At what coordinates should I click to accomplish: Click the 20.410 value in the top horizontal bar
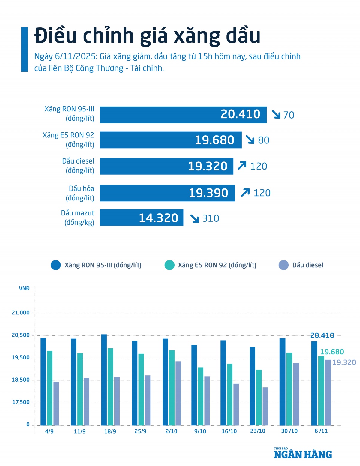coord(240,114)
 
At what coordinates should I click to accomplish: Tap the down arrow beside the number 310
coord(195,218)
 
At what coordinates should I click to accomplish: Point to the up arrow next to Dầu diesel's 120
coord(242,166)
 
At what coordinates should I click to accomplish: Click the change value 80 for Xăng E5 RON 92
coord(263,140)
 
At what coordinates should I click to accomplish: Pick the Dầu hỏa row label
coord(80,193)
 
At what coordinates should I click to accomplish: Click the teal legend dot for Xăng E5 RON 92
coord(169,265)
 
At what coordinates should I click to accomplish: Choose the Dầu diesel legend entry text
coord(308,265)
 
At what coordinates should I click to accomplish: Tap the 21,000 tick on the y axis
coord(21,313)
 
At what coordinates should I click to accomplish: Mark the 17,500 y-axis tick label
coord(21,402)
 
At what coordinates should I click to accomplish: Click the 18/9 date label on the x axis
coord(110,431)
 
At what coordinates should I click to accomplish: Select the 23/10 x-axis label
coord(258,431)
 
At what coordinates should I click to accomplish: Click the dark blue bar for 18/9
coord(104,380)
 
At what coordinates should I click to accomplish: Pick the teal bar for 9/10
coord(200,396)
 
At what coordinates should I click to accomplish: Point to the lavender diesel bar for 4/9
coord(56,403)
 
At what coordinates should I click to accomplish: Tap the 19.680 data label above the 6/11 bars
coord(332,352)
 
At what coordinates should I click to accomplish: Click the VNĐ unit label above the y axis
coord(24,289)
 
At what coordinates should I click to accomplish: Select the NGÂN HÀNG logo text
coord(303,455)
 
